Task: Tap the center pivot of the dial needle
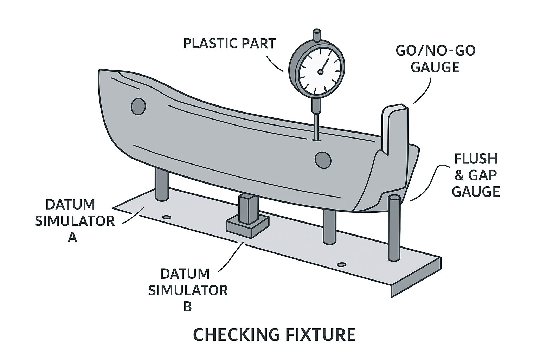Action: (320, 72)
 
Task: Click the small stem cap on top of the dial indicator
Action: (317, 36)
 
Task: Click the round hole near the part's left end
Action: (138, 106)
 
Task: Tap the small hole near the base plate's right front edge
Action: (340, 264)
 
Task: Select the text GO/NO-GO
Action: (436, 51)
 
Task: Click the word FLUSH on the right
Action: (476, 159)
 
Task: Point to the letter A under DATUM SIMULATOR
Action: (72, 238)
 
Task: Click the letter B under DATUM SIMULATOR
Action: (188, 307)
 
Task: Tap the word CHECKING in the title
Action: (235, 335)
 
